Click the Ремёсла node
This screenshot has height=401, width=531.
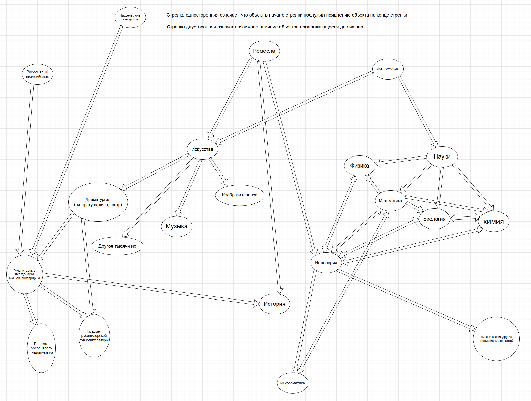point(264,51)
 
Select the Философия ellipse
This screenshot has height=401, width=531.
point(388,69)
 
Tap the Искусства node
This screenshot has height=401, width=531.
point(202,149)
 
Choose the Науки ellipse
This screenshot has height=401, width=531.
point(442,156)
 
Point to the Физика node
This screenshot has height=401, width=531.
point(359,166)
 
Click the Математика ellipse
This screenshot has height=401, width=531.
point(390,201)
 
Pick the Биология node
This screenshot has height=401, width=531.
point(434,219)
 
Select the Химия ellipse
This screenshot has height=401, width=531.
point(493,222)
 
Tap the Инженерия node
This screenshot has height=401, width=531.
point(326,263)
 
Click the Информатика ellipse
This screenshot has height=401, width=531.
point(292,383)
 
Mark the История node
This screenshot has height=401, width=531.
point(274,304)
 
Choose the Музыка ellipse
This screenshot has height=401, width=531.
point(177,226)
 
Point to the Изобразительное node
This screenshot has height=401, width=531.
point(240,195)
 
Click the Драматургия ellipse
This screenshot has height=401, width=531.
point(98,202)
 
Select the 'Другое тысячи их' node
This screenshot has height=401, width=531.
point(117,246)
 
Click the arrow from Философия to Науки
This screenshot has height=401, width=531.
point(418,111)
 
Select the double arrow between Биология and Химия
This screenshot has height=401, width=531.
point(464,218)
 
